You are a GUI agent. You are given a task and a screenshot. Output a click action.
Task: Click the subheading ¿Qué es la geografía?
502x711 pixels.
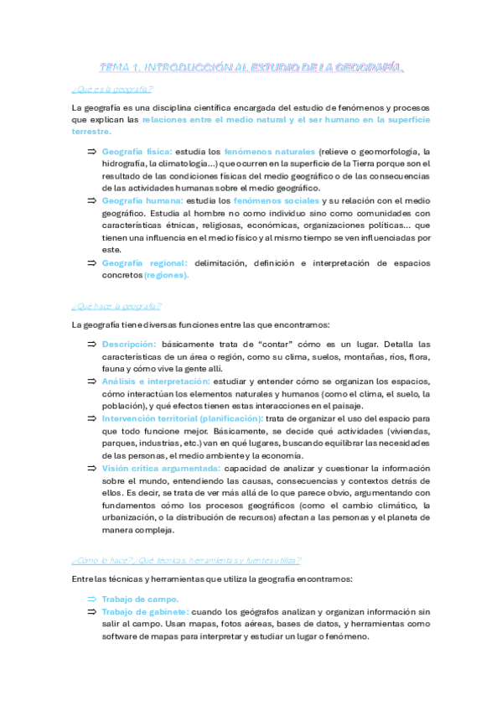point(113,89)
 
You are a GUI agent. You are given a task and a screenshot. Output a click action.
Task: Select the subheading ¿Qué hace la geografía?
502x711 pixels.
point(116,306)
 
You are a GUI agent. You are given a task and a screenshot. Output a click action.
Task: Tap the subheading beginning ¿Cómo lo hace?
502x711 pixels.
point(186,560)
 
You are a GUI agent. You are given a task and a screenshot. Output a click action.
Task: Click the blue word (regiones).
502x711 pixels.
point(166,275)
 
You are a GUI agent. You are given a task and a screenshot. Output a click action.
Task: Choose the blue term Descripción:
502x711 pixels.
point(129,344)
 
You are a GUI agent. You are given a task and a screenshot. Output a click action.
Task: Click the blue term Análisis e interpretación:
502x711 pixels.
point(156,381)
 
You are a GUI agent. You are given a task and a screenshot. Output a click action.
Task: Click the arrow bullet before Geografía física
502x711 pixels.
point(91,151)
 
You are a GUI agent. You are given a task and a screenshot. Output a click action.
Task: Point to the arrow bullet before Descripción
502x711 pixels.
point(91,344)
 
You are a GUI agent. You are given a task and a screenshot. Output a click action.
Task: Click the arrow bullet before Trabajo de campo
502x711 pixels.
point(91,599)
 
